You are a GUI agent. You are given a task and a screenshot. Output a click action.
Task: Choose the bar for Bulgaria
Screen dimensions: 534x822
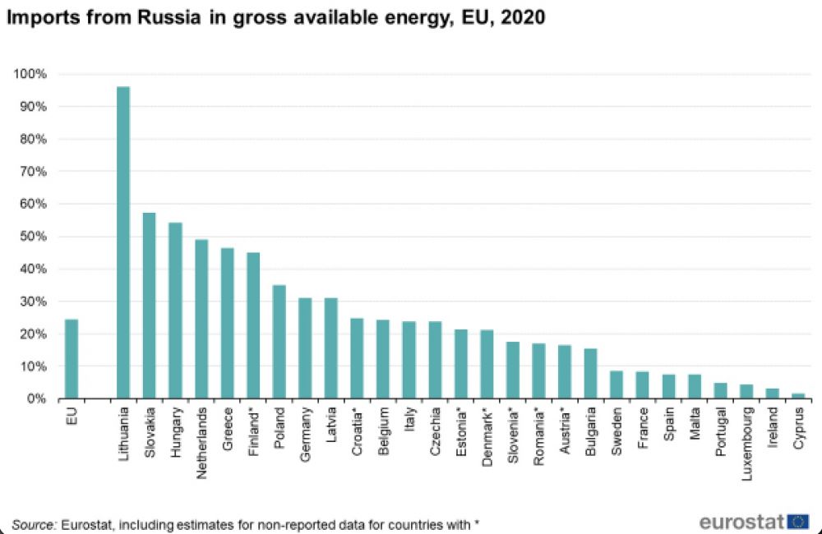pos(591,374)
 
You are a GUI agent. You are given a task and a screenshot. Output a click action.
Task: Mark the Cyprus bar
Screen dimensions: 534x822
pos(799,396)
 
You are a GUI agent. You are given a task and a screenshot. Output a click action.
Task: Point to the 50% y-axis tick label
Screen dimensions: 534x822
pos(35,237)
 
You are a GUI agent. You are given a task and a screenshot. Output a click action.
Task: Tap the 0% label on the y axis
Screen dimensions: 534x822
pos(38,399)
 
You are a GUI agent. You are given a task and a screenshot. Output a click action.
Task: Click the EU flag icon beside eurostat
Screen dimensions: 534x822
pos(798,521)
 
